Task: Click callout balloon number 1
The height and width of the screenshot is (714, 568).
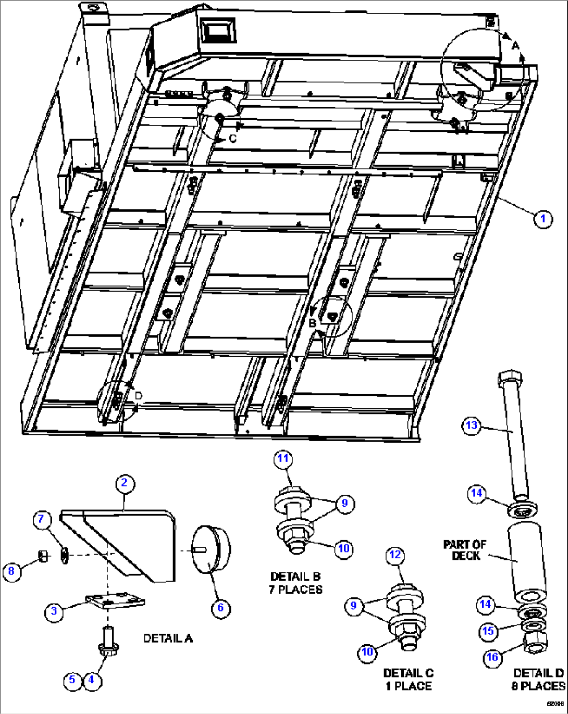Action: coord(542,218)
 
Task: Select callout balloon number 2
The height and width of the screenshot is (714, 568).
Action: coord(124,483)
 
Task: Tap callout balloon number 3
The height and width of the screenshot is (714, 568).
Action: coord(54,610)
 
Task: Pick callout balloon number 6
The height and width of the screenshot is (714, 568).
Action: coord(220,608)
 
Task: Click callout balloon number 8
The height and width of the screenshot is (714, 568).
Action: coord(11,571)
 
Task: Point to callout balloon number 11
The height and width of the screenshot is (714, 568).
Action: coord(283,458)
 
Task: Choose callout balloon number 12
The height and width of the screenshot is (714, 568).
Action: coord(395,555)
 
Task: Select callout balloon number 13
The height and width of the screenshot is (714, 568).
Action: coord(471,425)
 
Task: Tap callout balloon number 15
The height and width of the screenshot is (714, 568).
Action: coord(487,631)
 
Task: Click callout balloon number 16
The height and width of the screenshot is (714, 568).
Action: coord(492,657)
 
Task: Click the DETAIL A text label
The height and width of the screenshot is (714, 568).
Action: coord(168,638)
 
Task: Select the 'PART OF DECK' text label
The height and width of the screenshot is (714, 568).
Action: coord(465,550)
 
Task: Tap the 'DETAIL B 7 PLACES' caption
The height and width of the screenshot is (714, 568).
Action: coord(295,583)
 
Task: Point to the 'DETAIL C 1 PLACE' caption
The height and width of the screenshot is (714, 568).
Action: coord(408,680)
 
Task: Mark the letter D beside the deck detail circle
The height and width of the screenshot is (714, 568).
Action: coord(138,396)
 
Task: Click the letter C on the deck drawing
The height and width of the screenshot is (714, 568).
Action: coord(232,139)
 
